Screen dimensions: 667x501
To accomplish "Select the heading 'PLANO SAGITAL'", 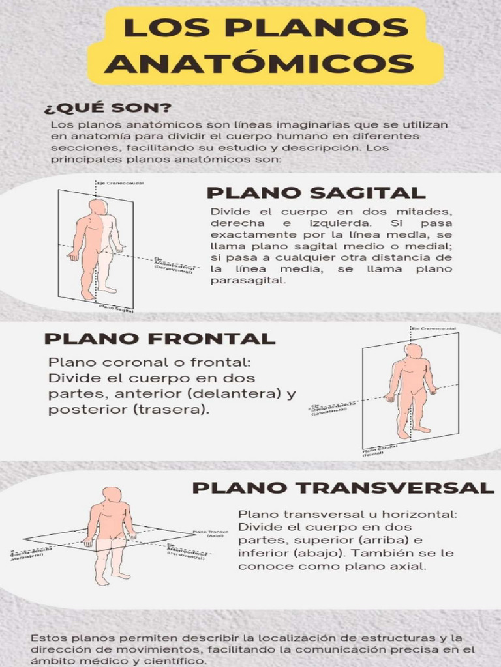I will tap(316, 192).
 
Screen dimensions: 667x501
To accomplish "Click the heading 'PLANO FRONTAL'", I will tap(159, 339).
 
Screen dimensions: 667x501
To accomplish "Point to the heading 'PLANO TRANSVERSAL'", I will tap(342, 488).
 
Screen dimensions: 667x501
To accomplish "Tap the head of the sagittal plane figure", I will tap(97, 207).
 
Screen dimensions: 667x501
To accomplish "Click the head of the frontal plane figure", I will tap(412, 351).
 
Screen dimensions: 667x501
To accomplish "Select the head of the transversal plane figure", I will tap(112, 494).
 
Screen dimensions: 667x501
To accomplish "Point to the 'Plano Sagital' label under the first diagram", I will tap(115, 308).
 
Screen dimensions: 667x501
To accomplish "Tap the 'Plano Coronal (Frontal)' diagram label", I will tap(380, 451).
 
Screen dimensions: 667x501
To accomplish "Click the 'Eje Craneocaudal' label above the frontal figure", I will tap(433, 328).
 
